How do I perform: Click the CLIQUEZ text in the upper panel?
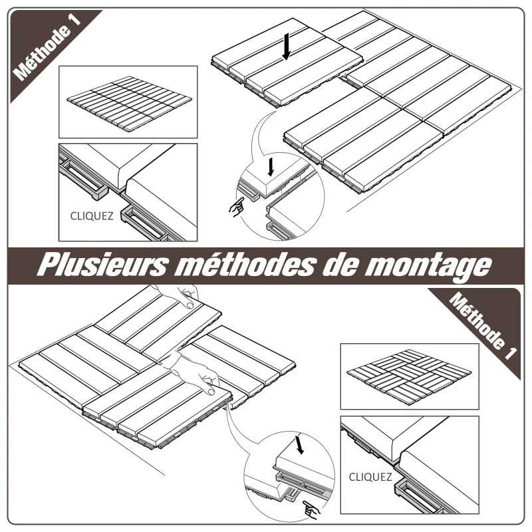pos(92,215)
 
